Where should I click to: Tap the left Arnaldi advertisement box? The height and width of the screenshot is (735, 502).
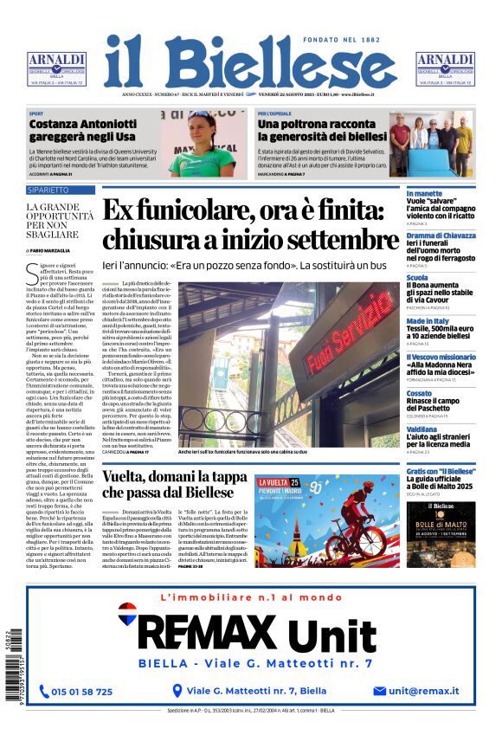click(x=56, y=68)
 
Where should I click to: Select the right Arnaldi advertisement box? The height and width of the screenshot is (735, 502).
click(x=445, y=68)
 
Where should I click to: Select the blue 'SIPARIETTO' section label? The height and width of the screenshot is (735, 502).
click(x=48, y=189)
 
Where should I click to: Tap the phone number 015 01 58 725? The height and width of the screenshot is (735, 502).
click(x=81, y=691)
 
